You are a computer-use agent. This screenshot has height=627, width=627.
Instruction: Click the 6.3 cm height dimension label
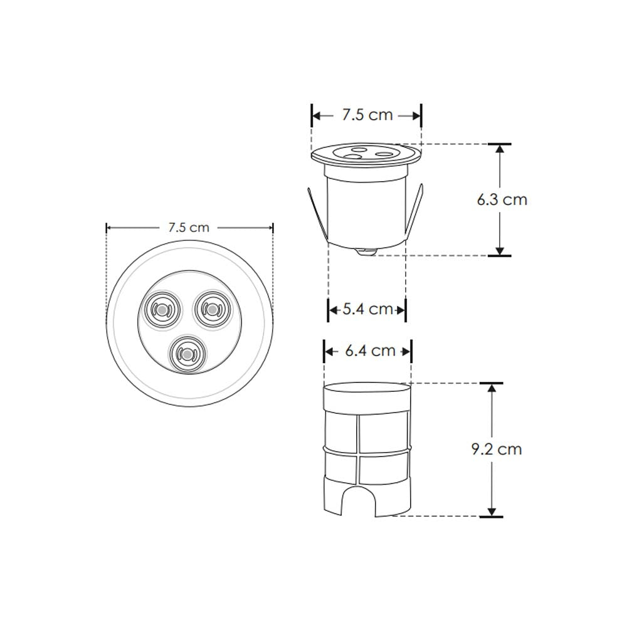[502, 199]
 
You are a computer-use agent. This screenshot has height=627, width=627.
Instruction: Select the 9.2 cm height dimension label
[497, 449]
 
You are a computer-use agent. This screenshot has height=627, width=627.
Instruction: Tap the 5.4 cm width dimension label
[368, 309]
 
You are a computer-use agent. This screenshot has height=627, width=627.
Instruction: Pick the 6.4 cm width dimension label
[371, 350]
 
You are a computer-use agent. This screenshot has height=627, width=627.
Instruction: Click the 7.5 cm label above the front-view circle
[189, 228]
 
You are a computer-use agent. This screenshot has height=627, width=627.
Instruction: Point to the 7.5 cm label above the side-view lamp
[367, 115]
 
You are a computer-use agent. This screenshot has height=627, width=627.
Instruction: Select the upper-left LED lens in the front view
[162, 310]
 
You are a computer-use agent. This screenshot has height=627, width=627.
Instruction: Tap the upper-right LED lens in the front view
[213, 310]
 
